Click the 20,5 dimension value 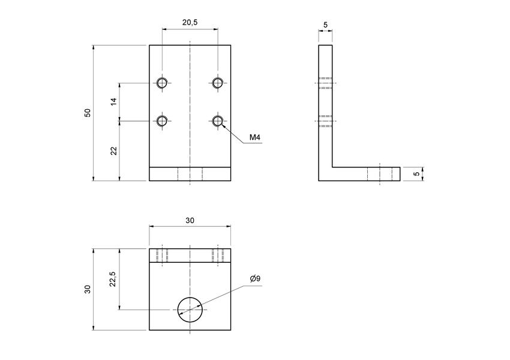tap(190, 22)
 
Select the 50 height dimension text tap(88, 113)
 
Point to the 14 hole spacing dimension tap(113, 102)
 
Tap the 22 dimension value tap(113, 150)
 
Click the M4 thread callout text tap(255, 138)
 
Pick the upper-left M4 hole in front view tap(162, 83)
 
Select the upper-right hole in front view tap(218, 83)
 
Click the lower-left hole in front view tap(162, 121)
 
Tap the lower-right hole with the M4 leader tap(218, 121)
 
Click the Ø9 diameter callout tap(254, 279)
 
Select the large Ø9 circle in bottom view tap(190, 310)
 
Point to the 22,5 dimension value tap(113, 279)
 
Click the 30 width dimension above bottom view tap(190, 221)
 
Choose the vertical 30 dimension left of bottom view tap(88, 289)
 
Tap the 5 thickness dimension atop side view tap(325, 25)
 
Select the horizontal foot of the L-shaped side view tap(366, 174)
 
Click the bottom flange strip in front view tap(190, 174)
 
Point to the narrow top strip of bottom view tap(190, 256)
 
